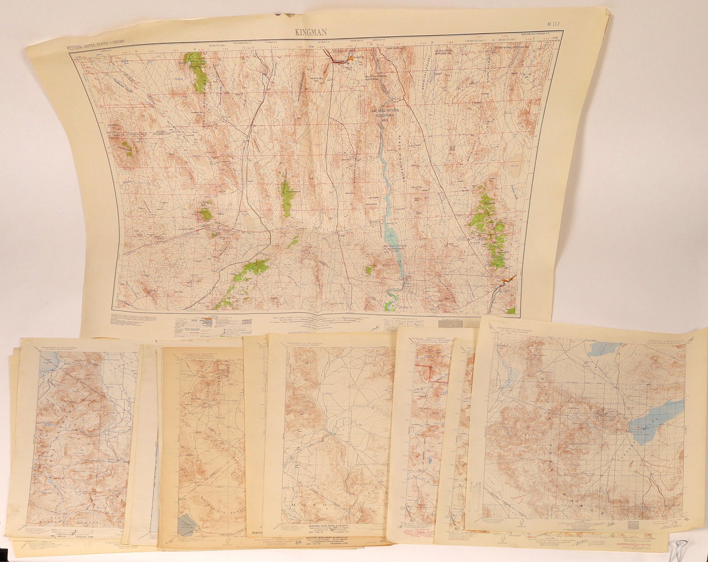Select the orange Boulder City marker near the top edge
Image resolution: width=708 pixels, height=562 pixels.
[x=351, y=58]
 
